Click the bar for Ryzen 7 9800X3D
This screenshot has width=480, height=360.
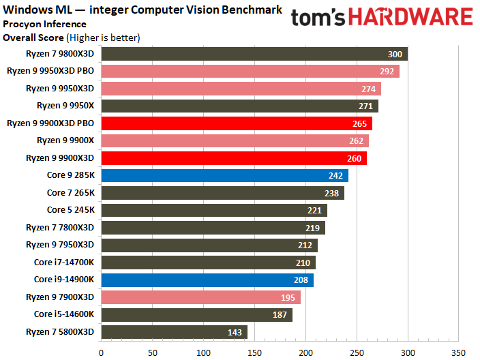[254, 54]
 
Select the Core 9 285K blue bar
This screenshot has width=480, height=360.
[225, 175]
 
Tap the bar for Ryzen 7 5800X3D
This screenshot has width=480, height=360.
[175, 332]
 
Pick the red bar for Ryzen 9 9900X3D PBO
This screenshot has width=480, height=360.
[237, 123]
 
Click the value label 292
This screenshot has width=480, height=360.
[387, 72]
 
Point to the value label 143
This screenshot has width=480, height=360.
[235, 333]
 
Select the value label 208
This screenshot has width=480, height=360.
[301, 280]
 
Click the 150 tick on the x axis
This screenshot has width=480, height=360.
[254, 353]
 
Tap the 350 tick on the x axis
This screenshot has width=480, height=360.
[458, 353]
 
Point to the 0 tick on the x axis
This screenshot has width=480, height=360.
[102, 353]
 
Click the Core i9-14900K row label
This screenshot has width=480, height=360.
[64, 280]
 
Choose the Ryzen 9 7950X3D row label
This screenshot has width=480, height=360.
[60, 245]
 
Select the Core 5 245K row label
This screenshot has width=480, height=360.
[71, 210]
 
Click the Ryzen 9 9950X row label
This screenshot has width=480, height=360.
[65, 106]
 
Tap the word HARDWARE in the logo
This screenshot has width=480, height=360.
[411, 17]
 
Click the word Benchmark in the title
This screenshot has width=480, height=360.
[252, 10]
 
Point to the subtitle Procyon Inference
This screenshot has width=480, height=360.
[45, 24]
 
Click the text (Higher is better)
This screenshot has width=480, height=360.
[104, 37]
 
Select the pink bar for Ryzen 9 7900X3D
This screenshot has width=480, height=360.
[201, 297]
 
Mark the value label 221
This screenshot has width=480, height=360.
[314, 211]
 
